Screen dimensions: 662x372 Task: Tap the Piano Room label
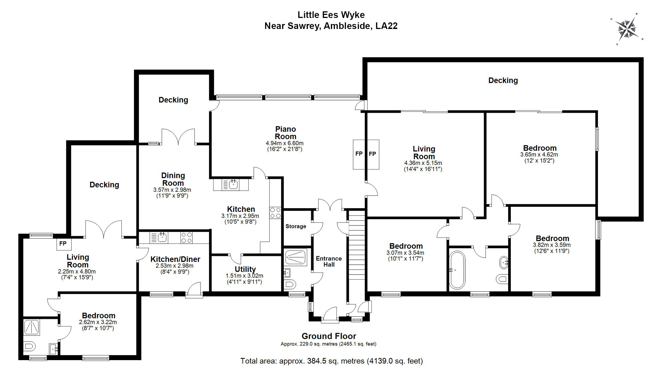(285, 133)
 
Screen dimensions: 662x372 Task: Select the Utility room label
(245, 269)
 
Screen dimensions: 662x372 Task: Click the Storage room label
(296, 226)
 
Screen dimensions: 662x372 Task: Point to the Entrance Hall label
(329, 261)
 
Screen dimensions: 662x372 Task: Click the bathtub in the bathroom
(457, 270)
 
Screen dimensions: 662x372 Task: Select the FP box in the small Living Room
(63, 244)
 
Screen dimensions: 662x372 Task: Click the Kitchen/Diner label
(175, 259)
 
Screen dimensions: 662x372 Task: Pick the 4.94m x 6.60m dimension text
(285, 143)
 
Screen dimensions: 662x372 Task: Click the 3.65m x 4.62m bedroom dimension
(539, 155)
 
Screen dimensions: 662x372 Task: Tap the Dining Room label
(173, 179)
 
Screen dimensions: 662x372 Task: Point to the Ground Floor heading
(329, 336)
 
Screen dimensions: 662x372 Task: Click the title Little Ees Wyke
(331, 15)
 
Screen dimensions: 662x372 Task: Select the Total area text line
(331, 361)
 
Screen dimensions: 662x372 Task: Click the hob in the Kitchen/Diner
(187, 238)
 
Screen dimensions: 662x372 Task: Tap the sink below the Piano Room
(233, 185)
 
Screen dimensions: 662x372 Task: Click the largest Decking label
(503, 80)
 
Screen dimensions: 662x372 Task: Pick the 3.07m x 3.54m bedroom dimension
(405, 253)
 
